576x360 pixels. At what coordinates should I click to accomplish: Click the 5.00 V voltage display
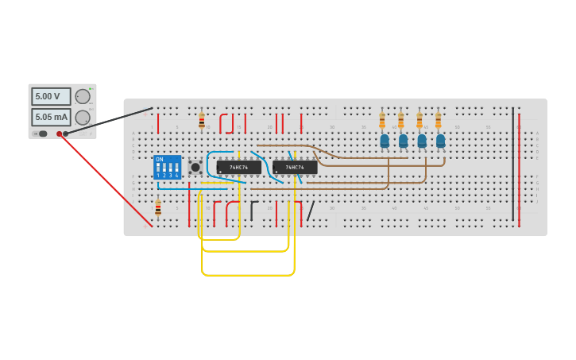[50, 96]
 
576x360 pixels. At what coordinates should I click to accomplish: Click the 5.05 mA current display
[50, 118]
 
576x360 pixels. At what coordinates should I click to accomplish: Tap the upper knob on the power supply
[83, 96]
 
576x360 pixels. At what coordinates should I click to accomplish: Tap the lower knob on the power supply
[83, 118]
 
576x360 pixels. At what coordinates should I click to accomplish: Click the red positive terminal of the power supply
[59, 134]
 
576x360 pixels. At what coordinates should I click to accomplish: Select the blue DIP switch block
[167, 167]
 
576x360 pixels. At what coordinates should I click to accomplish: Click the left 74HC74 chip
[238, 168]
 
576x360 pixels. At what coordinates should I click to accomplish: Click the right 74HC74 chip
[295, 168]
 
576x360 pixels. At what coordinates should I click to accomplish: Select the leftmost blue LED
[385, 141]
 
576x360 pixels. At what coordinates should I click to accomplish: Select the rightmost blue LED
[440, 141]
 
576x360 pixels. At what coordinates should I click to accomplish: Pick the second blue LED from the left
[403, 141]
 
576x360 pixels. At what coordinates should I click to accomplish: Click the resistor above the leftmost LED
[382, 121]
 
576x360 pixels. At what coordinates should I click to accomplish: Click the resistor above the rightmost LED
[438, 121]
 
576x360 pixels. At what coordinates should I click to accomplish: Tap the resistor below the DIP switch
[158, 208]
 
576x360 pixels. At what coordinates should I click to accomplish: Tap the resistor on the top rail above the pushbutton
[202, 121]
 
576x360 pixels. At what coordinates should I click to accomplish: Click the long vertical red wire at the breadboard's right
[519, 171]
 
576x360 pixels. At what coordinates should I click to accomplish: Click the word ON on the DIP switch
[160, 160]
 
